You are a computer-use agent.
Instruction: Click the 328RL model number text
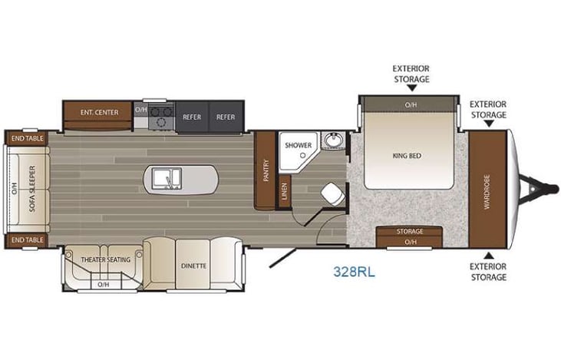pyautogui.click(x=354, y=271)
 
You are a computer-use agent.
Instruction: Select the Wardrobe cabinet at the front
pyautogui.click(x=486, y=185)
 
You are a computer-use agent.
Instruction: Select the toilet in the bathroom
pyautogui.click(x=330, y=193)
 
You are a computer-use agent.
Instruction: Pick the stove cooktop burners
pyautogui.click(x=161, y=117)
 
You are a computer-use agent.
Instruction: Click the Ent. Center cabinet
pyautogui.click(x=99, y=113)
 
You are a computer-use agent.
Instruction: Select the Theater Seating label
pyautogui.click(x=106, y=259)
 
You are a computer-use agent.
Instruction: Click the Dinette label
pyautogui.click(x=193, y=266)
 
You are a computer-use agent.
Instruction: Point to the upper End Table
pyautogui.click(x=26, y=137)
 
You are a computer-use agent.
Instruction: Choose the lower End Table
pyautogui.click(x=26, y=240)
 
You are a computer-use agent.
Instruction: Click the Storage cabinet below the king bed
pyautogui.click(x=410, y=231)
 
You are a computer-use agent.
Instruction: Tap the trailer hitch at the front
pyautogui.click(x=532, y=185)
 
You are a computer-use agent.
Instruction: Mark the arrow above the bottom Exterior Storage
pyautogui.click(x=488, y=254)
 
